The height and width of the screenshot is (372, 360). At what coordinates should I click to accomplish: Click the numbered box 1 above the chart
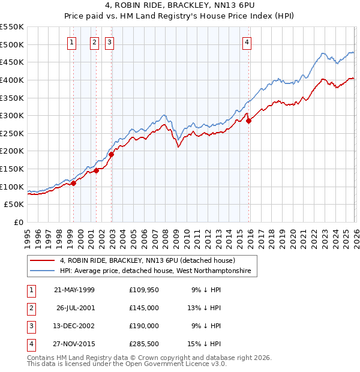[x=72, y=42]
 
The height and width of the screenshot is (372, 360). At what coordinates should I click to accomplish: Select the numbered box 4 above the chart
[x=247, y=42]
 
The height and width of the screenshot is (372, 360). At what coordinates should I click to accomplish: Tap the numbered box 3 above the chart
[x=110, y=42]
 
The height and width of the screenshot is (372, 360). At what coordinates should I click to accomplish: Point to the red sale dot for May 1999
[x=73, y=183]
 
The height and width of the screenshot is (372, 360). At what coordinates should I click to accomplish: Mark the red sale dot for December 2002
[x=111, y=154]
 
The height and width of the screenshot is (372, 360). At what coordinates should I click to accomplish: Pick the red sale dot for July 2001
[x=96, y=170]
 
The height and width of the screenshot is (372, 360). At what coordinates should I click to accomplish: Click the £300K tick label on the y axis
[x=11, y=115]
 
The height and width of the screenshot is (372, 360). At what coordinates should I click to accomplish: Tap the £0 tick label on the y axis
[x=18, y=222]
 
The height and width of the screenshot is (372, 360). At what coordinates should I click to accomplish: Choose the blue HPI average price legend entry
[x=158, y=272]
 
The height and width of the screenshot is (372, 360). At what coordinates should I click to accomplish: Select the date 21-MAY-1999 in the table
[x=74, y=289]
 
